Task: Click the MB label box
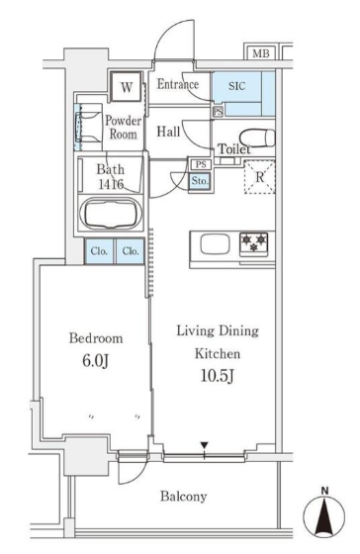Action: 261,52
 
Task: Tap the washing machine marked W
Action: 127,87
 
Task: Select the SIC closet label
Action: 236,86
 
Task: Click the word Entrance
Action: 178,84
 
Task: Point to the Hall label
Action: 168,132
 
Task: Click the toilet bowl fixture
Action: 257,138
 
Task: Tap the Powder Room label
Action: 123,128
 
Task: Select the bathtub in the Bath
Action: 111,214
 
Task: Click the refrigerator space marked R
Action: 260,177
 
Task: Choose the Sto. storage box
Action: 200,181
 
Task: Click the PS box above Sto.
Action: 201,164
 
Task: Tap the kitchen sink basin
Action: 215,244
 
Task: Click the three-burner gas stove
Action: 253,243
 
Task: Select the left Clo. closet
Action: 99,251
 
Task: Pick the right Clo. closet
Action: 131,251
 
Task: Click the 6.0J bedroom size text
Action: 95,361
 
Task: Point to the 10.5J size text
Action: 217,376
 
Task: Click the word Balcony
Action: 183,497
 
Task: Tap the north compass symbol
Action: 324,513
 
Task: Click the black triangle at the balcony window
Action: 204,445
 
